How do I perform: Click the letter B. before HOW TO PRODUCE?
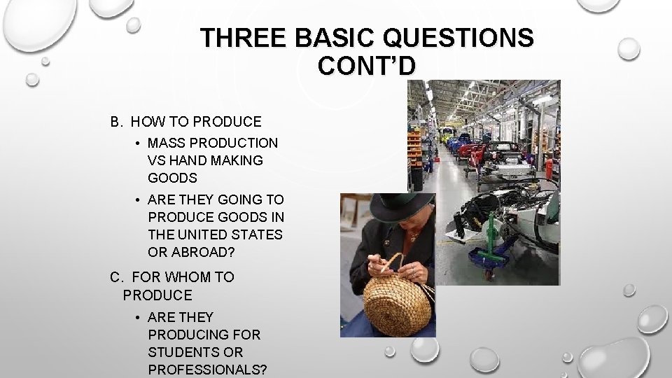pos(116,122)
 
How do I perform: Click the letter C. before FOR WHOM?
pos(116,277)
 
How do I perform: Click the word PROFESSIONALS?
pos(207,369)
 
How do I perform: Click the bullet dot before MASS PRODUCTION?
pos(141,143)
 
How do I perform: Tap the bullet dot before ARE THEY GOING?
pos(141,198)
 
